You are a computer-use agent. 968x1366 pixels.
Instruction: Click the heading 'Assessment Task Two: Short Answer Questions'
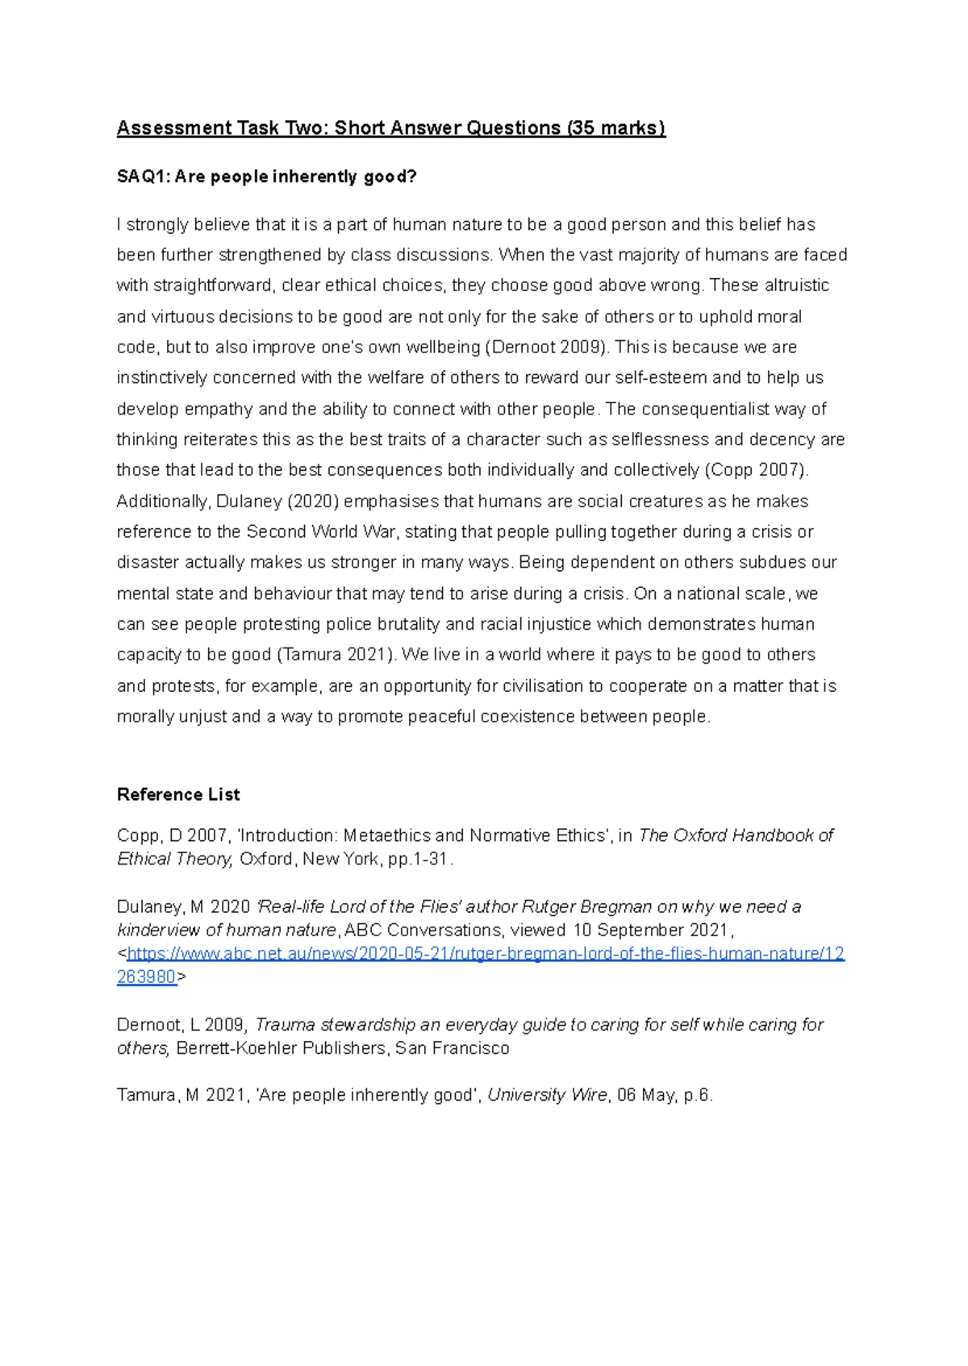click(x=339, y=128)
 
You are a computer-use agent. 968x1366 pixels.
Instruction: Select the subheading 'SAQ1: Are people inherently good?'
click(x=266, y=177)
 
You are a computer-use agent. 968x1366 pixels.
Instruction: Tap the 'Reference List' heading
click(x=178, y=794)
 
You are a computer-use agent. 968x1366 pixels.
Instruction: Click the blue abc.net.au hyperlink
click(x=484, y=954)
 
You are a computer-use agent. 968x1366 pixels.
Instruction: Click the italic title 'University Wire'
click(x=547, y=1095)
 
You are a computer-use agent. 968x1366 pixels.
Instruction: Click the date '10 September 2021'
click(x=650, y=930)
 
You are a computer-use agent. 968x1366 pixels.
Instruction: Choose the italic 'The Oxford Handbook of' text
click(x=736, y=835)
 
